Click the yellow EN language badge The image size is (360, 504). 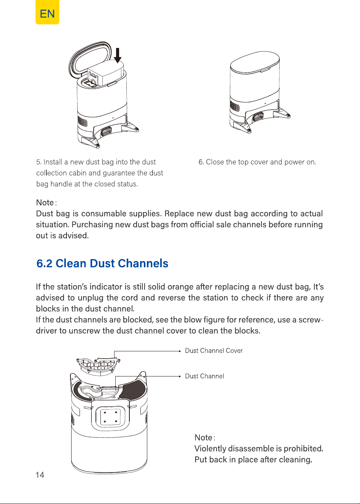47,12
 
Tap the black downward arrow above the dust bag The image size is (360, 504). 118,55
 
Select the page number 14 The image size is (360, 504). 40,475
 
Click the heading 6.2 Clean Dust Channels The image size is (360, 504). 102,263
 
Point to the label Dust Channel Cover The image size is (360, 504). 214,351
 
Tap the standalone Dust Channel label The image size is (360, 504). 204,376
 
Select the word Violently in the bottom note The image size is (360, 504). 210,448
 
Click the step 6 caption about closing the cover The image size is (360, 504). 257,162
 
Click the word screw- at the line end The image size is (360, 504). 311,319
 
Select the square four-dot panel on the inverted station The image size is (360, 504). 110,416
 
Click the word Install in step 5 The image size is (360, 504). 53,162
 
